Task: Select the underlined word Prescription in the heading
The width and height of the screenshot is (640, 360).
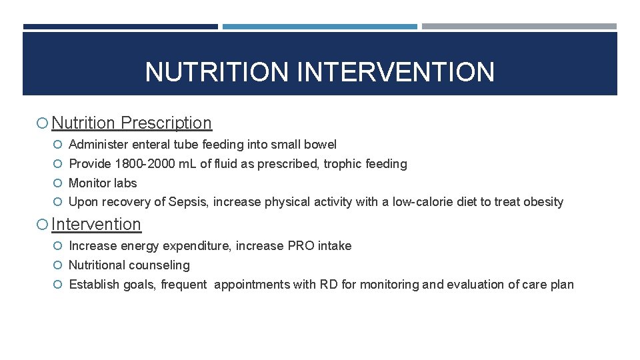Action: [166, 123]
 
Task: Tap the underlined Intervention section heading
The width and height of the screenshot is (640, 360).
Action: [96, 225]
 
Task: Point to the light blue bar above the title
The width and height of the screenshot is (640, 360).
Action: [319, 27]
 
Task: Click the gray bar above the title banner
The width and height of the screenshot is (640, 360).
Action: [519, 27]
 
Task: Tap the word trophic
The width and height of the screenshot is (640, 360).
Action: [344, 164]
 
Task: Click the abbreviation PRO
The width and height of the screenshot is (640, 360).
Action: [301, 246]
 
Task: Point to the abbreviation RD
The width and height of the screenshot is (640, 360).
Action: [328, 285]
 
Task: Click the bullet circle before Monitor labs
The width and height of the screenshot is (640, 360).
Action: [59, 183]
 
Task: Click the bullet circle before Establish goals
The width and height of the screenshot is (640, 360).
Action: [59, 285]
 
